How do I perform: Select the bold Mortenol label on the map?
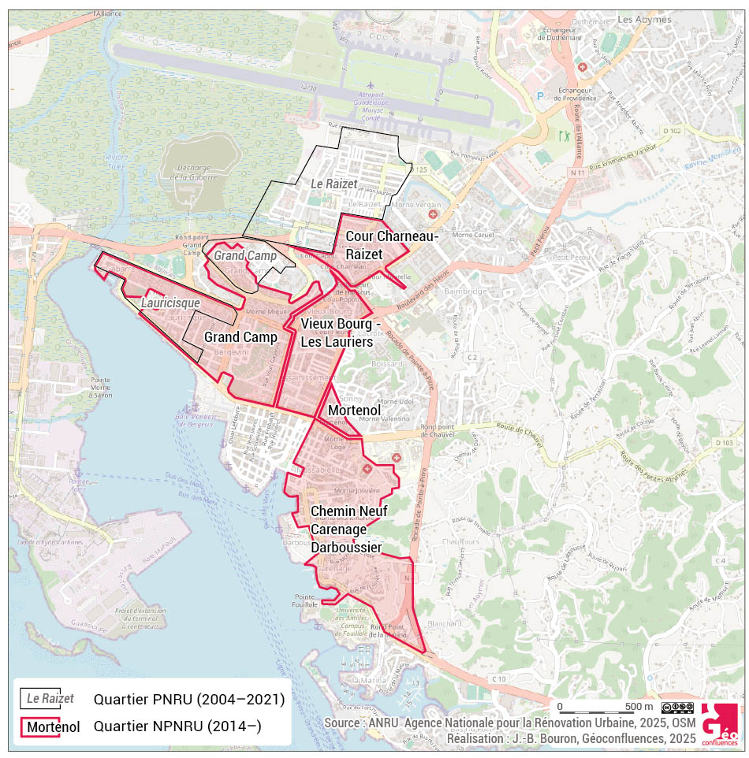pos(354,411)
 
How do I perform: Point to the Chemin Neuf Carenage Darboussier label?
pos(347,529)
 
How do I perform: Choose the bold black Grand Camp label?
pos(240,337)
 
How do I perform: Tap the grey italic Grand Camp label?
pos(245,256)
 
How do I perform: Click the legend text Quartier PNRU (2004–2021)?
pos(188,699)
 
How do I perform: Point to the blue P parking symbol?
pos(540,96)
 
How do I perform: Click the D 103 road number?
pos(725,443)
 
